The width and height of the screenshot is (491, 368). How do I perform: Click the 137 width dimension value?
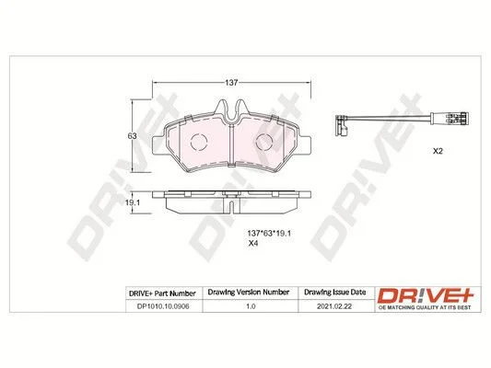click(231, 83)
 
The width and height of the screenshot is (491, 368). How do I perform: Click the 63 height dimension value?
click(133, 136)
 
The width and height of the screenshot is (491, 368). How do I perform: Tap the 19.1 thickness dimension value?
click(133, 202)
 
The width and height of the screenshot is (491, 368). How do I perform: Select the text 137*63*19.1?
click(269, 234)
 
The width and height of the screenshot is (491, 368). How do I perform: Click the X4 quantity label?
click(253, 244)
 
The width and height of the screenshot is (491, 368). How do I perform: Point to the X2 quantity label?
click(438, 151)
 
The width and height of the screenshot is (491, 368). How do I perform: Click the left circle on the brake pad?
click(199, 143)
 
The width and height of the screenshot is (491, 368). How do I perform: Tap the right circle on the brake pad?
click(264, 143)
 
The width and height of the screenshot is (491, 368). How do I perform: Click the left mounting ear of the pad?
click(158, 145)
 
